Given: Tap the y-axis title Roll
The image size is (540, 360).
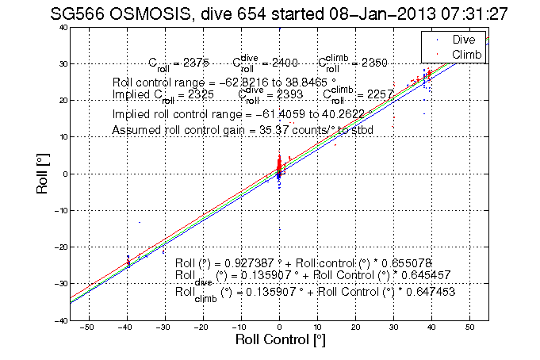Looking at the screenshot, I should (45, 174).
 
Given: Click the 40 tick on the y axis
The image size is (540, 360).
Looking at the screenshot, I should (61, 27).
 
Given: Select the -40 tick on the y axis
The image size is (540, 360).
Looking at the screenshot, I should (59, 320).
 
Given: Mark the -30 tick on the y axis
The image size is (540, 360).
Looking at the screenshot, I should (59, 284).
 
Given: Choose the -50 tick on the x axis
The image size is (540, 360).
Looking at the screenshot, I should (89, 327).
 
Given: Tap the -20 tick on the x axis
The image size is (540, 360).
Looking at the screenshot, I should (203, 327).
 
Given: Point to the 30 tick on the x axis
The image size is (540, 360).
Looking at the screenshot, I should (393, 327).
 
